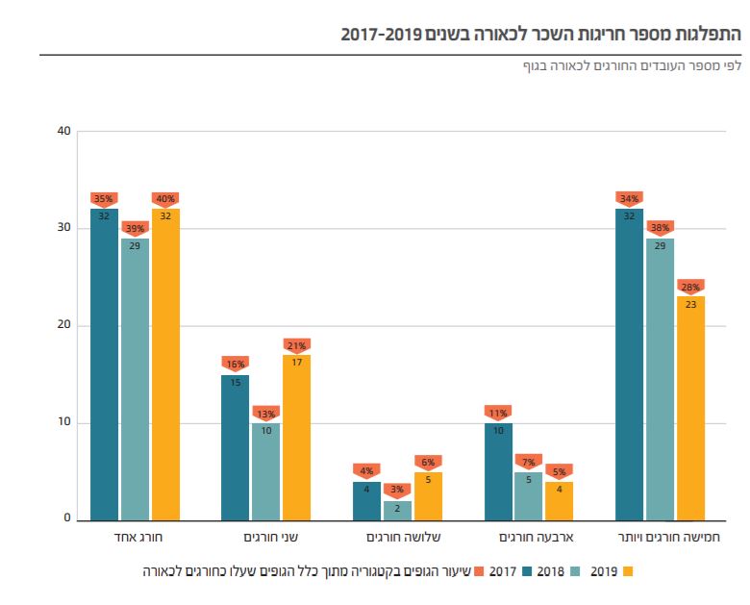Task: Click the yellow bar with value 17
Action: (296, 438)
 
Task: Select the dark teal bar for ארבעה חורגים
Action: (498, 471)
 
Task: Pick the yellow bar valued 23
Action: (690, 408)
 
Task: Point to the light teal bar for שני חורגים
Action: (265, 471)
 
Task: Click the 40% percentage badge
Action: (165, 199)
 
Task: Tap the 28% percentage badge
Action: (690, 287)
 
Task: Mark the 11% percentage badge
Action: (498, 413)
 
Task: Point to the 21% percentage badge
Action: (296, 345)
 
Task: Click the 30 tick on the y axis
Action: (64, 228)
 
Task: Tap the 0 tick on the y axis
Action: (67, 519)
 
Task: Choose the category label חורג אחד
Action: (125, 539)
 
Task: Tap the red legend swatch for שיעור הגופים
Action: (481, 571)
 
